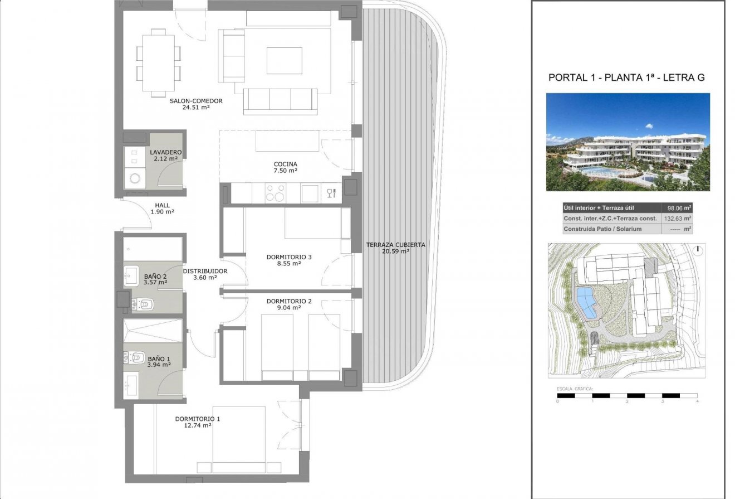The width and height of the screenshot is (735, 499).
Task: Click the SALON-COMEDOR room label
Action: pyautogui.click(x=196, y=101)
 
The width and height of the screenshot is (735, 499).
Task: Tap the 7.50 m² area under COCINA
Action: pyautogui.click(x=285, y=171)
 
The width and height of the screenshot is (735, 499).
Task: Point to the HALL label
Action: pyautogui.click(x=163, y=205)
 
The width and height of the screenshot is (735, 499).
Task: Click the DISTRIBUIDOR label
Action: pyautogui.click(x=205, y=271)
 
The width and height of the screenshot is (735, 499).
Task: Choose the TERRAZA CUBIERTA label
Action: pyautogui.click(x=395, y=245)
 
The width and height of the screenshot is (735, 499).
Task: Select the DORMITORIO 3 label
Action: pyautogui.click(x=289, y=257)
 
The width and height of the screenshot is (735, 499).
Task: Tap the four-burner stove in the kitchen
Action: pyautogui.click(x=275, y=193)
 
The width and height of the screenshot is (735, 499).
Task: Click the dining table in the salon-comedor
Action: pyautogui.click(x=159, y=63)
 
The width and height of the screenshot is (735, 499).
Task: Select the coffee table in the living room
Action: pyautogui.click(x=285, y=60)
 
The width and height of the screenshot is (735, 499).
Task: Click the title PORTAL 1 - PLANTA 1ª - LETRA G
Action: pyautogui.click(x=626, y=77)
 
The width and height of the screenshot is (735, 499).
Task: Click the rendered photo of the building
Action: pyautogui.click(x=628, y=142)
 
